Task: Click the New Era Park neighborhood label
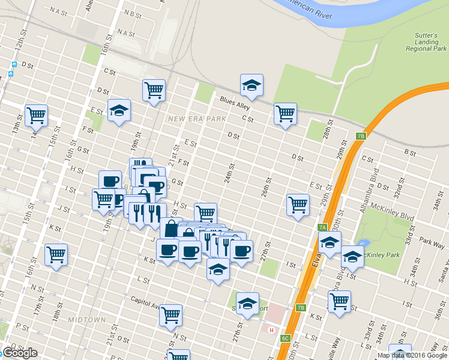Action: point(197,119)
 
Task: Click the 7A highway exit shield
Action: point(322,227)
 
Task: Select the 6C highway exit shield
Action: point(286,338)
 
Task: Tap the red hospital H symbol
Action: point(272,330)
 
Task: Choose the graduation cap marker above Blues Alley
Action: point(252,85)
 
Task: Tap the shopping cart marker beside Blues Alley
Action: point(285,113)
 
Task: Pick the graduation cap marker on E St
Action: point(119,110)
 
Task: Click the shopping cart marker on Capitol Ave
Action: point(171,314)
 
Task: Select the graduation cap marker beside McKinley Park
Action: point(352,256)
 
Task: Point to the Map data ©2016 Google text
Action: point(412,355)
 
